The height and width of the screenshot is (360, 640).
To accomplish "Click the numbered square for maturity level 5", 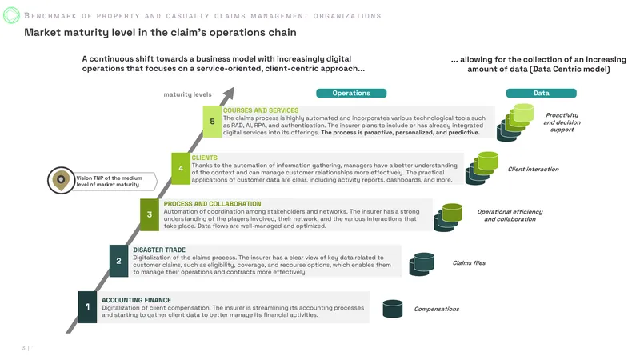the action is [212, 122].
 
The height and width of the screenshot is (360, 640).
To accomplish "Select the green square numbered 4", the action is [181, 169].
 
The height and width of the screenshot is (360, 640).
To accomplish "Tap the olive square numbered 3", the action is [150, 214].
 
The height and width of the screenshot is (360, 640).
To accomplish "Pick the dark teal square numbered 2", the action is [118, 261].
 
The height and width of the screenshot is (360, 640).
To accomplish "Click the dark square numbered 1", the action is [87, 307].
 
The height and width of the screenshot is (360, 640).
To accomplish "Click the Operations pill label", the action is [351, 93].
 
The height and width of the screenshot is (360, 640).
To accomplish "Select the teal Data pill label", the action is [542, 93].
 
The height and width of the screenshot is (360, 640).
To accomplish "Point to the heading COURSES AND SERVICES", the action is [261, 110].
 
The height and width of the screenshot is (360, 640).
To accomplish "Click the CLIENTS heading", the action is [205, 158].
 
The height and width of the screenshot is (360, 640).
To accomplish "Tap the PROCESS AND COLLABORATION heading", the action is [212, 204].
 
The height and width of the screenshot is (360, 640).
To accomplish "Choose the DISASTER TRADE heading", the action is [159, 250].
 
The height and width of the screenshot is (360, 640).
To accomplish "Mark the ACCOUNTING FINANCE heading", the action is [136, 300].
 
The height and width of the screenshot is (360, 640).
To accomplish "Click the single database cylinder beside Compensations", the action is [393, 309].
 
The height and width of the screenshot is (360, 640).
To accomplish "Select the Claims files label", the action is [469, 263].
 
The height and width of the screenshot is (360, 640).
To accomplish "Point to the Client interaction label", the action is [533, 169].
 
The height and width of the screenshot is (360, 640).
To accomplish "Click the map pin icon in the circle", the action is [61, 181].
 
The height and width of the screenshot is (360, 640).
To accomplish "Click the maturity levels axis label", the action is [187, 94].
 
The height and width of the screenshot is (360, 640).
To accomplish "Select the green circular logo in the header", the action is [11, 15].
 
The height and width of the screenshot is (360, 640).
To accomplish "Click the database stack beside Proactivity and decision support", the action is [515, 122].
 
